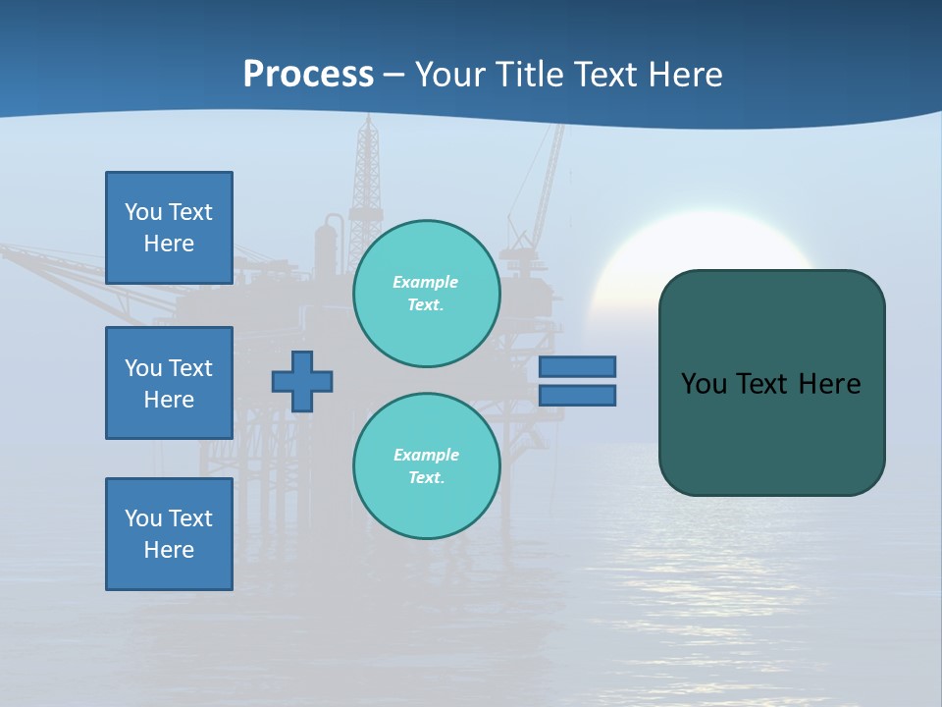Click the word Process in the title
click(x=308, y=75)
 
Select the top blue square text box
click(x=169, y=228)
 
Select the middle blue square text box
click(x=169, y=383)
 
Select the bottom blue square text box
click(x=169, y=534)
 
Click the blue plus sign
click(x=302, y=381)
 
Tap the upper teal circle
click(x=426, y=294)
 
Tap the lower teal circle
click(x=426, y=466)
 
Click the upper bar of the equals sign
click(x=577, y=366)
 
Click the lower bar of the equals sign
click(x=577, y=395)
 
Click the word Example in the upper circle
click(x=426, y=282)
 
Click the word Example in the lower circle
click(x=426, y=455)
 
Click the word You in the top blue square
click(x=143, y=212)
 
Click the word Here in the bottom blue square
click(x=169, y=550)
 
